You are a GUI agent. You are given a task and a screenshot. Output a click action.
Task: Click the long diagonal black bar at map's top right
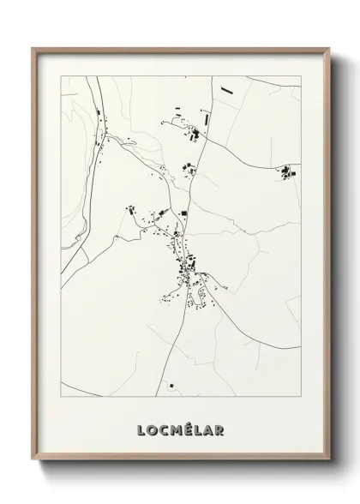pos(226,88)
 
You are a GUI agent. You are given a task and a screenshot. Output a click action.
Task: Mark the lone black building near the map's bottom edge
pos(170,385)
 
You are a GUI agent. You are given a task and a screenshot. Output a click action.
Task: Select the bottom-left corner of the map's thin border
pos(59,399)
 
